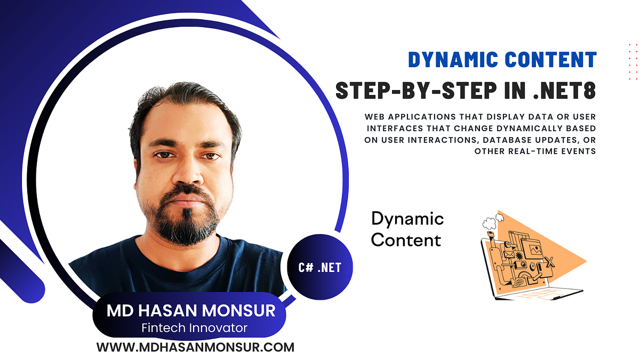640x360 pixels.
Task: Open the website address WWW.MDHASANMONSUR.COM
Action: click(195, 347)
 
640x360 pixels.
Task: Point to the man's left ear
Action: click(236, 160)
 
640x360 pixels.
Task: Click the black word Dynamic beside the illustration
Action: click(407, 218)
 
